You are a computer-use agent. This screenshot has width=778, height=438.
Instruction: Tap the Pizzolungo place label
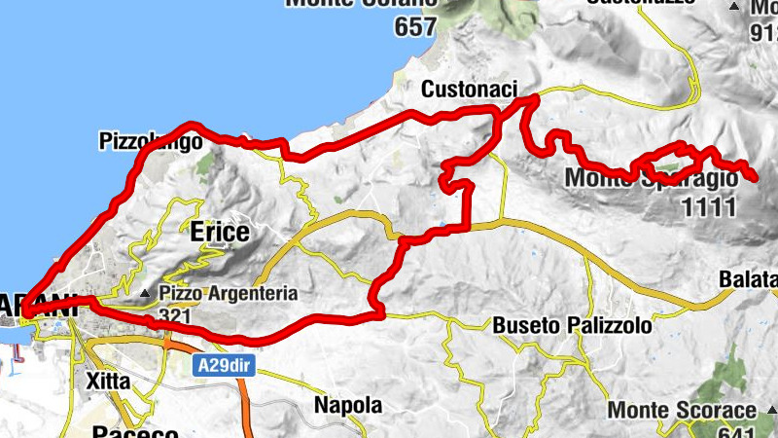click(x=150, y=142)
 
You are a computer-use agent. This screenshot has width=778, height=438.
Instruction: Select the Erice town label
click(x=219, y=232)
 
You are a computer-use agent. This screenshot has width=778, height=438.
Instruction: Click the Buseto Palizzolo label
click(x=571, y=325)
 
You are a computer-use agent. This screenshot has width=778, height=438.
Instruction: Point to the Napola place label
click(x=347, y=405)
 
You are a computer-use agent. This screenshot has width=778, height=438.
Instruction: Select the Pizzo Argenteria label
click(x=215, y=293)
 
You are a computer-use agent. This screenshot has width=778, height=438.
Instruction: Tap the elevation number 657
click(x=415, y=28)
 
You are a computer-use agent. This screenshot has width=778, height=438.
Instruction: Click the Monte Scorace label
click(x=681, y=411)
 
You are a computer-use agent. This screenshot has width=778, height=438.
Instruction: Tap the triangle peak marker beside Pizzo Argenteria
click(x=145, y=293)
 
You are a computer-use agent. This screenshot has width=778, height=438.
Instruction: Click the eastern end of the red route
click(x=757, y=176)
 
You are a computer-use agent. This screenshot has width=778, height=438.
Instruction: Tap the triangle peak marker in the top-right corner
click(x=735, y=7)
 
